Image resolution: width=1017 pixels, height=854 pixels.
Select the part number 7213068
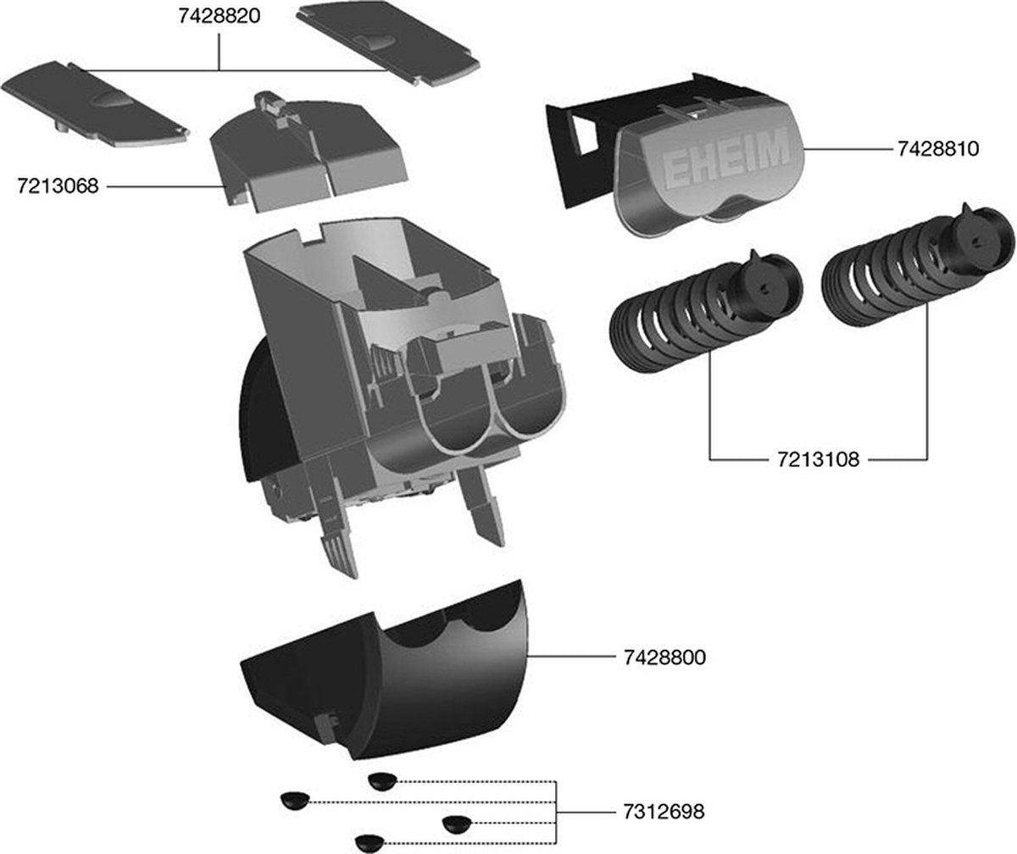[x=58, y=186]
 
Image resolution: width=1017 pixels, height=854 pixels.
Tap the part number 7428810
[x=938, y=149]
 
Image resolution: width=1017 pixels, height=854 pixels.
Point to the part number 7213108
[x=818, y=460]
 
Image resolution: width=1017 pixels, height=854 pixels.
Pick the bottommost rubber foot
[x=370, y=842]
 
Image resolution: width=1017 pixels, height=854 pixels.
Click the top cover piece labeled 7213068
[x=305, y=152]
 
